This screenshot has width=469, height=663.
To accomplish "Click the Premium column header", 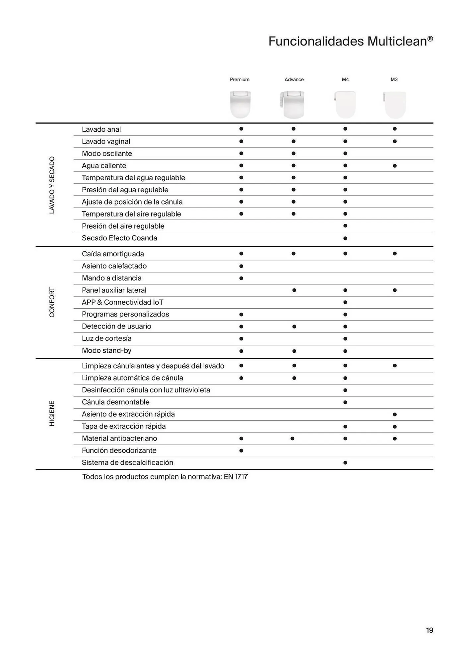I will click(x=239, y=80).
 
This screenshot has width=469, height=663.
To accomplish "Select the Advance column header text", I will click(x=294, y=80).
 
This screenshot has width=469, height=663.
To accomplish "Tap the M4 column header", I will click(x=345, y=80).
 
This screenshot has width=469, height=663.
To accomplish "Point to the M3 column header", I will click(x=394, y=80).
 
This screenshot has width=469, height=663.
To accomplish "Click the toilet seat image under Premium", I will click(x=240, y=104).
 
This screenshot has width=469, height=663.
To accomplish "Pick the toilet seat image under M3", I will click(x=395, y=105).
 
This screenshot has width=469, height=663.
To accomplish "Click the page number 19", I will click(x=430, y=630).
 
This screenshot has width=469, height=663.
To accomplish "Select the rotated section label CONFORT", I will click(x=52, y=302).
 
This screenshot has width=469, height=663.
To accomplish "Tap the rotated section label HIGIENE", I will click(x=52, y=413).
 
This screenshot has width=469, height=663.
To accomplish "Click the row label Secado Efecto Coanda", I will click(x=119, y=238).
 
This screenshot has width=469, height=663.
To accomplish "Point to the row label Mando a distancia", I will click(x=111, y=278).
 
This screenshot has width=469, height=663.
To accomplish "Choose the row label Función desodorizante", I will click(x=119, y=451).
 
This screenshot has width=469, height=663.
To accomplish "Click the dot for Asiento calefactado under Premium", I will click(x=241, y=266).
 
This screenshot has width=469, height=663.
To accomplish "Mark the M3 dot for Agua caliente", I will click(x=395, y=166).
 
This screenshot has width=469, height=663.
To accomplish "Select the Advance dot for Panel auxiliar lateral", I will click(x=294, y=290).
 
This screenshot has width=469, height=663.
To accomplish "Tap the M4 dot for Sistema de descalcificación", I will click(x=345, y=463).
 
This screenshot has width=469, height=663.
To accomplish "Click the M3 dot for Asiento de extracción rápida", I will click(x=395, y=414).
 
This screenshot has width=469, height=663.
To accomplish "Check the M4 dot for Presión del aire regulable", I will click(x=345, y=226).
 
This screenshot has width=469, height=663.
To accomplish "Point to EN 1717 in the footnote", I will click(x=236, y=477).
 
